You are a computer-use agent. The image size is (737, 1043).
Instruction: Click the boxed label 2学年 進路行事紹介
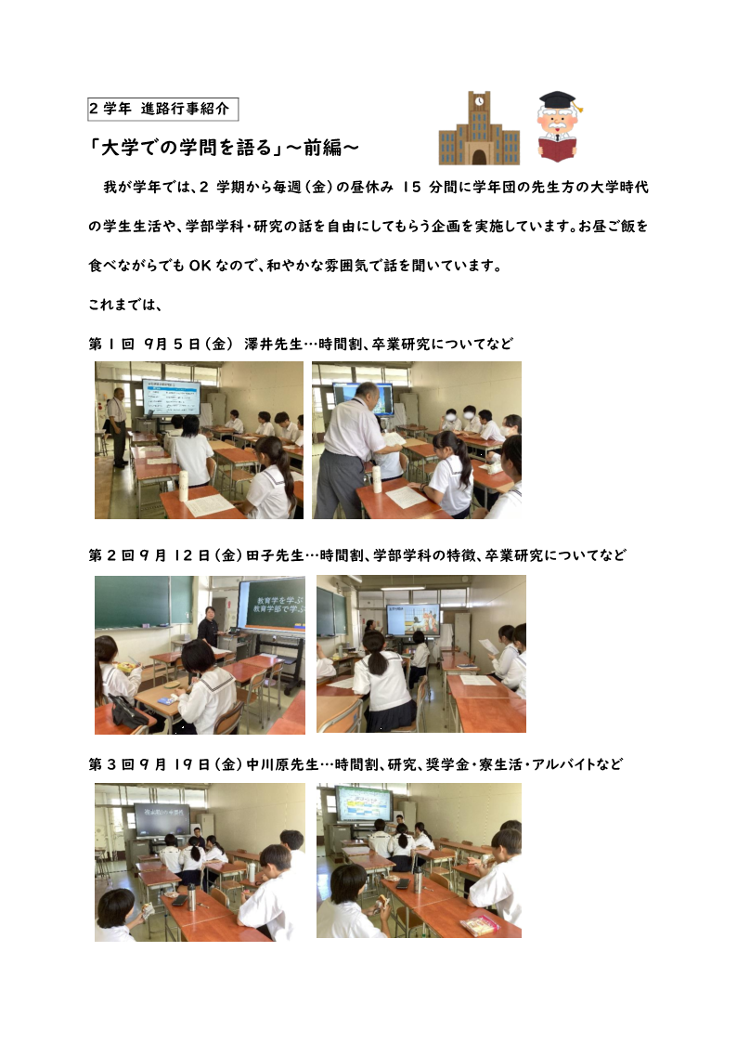(162, 109)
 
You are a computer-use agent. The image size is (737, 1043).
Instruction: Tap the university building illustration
(479, 128)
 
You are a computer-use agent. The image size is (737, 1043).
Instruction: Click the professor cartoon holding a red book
(558, 127)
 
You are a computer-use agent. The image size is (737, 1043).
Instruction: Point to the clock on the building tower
(479, 101)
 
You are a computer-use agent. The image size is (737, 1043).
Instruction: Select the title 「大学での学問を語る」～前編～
(224, 148)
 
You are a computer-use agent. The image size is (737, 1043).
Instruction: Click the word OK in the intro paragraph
(200, 266)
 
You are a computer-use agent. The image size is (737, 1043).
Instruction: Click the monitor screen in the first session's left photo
(172, 397)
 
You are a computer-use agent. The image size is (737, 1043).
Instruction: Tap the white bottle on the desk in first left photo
(184, 486)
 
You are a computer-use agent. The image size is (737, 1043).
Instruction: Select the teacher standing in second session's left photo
(208, 627)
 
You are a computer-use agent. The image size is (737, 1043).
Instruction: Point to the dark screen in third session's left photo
(162, 819)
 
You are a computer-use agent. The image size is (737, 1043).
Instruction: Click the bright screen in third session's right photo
(363, 803)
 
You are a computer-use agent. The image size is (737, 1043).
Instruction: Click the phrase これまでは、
(125, 305)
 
